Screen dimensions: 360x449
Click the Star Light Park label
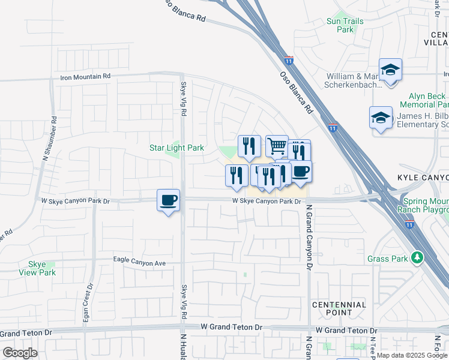pyautogui.click(x=176, y=148)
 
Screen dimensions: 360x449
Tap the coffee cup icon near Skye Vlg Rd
pyautogui.click(x=168, y=200)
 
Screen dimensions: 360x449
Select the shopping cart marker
pyautogui.click(x=277, y=146)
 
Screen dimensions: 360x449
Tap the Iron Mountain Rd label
pyautogui.click(x=85, y=76)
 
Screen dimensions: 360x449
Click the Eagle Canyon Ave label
pyautogui.click(x=139, y=263)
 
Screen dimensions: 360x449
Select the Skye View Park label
pyautogui.click(x=42, y=268)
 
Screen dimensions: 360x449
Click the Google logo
pyautogui.click(x=20, y=353)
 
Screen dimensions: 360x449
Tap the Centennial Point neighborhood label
pyautogui.click(x=339, y=308)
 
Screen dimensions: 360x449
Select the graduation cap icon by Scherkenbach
pyautogui.click(x=390, y=71)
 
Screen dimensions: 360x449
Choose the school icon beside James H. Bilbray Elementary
pyautogui.click(x=381, y=118)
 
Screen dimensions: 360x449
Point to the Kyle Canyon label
pyautogui.click(x=423, y=178)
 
